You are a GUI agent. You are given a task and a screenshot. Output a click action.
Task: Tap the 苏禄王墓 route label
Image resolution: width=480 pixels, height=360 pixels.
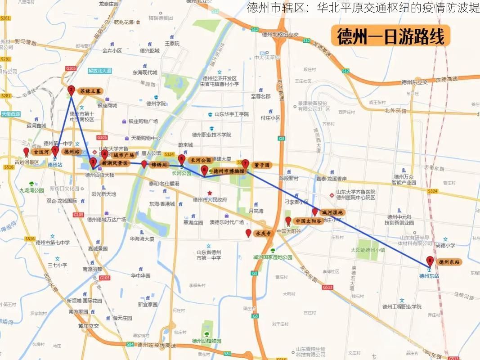coord(90,91)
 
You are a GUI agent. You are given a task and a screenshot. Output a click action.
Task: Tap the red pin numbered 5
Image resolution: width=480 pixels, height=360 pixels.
coord(181,159)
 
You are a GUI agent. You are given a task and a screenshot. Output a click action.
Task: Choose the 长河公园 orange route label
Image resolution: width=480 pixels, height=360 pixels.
coord(201,160)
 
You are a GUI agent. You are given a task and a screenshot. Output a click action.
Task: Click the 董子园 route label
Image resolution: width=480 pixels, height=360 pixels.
coord(261,165)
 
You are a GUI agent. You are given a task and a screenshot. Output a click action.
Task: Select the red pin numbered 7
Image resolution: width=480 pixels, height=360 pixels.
coord(245,164)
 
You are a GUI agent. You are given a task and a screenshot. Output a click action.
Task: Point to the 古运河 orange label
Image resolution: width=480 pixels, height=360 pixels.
coord(40,152)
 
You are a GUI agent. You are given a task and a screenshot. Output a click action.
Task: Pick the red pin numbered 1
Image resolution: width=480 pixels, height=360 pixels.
coord(55,151)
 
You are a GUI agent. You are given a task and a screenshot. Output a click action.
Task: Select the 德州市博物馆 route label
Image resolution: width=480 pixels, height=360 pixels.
coord(229,171)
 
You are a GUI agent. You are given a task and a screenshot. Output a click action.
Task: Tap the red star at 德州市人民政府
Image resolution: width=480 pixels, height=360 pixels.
coord(210,193)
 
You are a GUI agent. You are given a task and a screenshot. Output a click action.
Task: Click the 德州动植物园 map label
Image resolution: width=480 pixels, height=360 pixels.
coord(206,341)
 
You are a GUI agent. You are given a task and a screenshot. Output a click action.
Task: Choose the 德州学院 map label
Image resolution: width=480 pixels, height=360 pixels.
coord(156,103)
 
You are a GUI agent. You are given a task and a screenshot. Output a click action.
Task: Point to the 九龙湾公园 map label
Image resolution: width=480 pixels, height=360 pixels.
coord(31,190)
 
